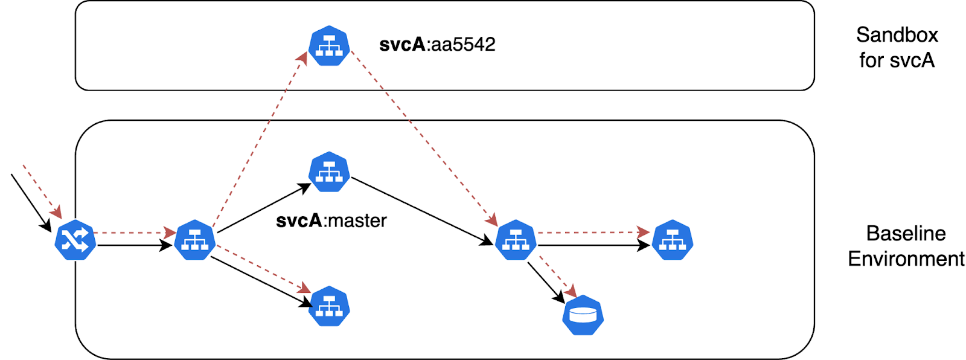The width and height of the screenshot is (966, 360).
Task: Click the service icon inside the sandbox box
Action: click(x=329, y=46)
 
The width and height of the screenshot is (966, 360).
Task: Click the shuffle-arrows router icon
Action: click(x=75, y=240)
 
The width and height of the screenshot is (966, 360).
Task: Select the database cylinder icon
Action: click(x=583, y=315)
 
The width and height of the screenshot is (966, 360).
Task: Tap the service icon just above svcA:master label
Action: click(x=329, y=172)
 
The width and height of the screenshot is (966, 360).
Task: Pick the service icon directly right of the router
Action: click(x=194, y=240)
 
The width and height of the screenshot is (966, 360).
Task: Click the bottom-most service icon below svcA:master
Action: click(x=329, y=306)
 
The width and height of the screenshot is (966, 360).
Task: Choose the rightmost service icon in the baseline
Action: click(x=673, y=240)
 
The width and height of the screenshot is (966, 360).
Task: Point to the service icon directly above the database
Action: click(x=515, y=240)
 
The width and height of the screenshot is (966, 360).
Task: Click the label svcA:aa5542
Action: click(x=437, y=45)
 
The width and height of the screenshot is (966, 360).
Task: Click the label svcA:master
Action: click(x=331, y=221)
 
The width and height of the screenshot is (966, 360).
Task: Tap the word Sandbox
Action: click(x=897, y=35)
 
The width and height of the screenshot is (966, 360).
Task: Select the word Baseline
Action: click(x=906, y=234)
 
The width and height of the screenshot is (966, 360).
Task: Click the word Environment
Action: click(x=906, y=259)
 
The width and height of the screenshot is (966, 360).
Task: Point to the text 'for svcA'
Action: click(x=897, y=60)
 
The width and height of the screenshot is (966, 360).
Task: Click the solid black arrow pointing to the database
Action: click(x=545, y=281)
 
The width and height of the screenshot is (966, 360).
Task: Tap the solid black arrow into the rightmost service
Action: click(x=592, y=245)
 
